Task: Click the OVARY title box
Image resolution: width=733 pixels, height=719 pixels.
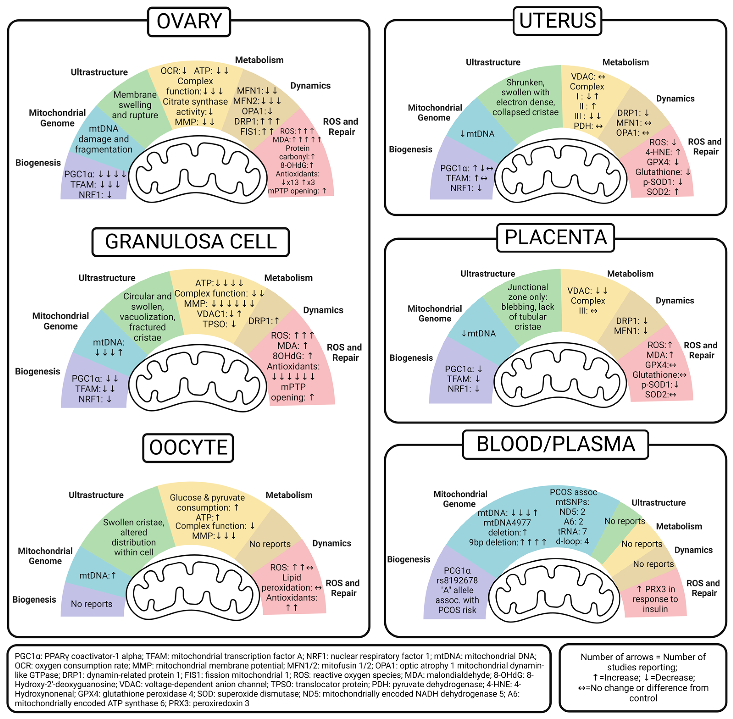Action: tap(189, 22)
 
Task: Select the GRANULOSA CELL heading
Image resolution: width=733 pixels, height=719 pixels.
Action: tap(191, 242)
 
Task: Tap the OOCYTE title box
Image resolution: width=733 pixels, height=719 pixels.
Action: tap(188, 448)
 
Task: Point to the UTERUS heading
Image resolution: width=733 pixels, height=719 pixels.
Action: tap(557, 21)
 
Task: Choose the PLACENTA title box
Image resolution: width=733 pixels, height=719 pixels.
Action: tap(555, 238)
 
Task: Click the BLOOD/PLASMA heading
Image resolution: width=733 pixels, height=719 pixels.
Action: tap(555, 444)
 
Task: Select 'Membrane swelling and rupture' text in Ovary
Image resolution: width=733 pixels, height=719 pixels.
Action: tap(135, 105)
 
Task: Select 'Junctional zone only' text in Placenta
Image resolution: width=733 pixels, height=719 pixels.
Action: tap(527, 292)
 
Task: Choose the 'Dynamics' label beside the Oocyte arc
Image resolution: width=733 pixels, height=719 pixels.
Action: tap(331, 543)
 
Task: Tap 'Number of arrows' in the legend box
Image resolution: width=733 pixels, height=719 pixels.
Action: tap(616, 657)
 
